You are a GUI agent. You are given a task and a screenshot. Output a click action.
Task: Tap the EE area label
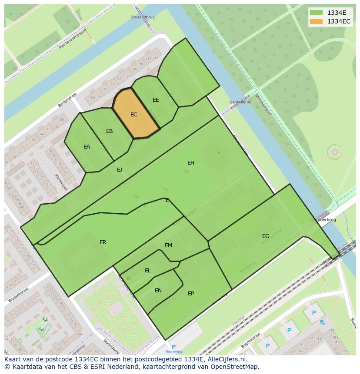click(156, 100)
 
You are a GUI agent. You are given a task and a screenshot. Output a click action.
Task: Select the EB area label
click(110, 131)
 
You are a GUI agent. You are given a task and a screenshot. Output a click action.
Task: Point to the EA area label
click(87, 147)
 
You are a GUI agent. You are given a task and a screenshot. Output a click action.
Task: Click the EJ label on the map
click(120, 170)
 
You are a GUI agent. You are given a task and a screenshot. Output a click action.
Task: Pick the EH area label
click(191, 163)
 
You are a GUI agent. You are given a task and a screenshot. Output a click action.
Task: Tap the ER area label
click(103, 242)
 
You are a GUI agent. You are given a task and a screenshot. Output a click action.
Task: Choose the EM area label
click(169, 245)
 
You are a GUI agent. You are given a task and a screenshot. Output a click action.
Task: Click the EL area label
click(148, 271)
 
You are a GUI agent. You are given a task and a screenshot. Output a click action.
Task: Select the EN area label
click(158, 291)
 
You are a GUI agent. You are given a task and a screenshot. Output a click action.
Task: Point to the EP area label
click(191, 294)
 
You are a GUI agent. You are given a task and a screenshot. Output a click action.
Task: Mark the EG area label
click(266, 236)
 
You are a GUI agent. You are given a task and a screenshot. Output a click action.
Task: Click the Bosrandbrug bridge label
click(143, 17)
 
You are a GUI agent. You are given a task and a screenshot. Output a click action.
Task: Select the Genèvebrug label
click(240, 102)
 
